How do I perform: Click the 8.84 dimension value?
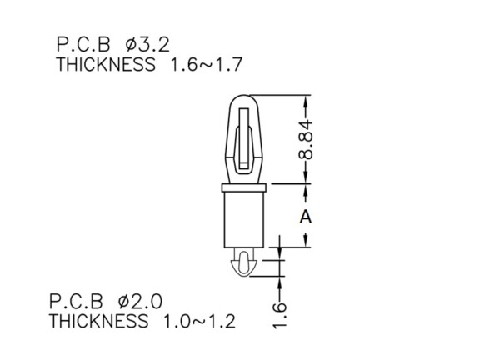pos(306,140)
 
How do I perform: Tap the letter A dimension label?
pos(306,217)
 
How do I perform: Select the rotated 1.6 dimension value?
pos(280,315)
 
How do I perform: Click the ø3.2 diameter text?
pos(147,44)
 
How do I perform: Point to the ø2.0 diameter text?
pos(140,302)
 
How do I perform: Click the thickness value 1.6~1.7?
pos(207,65)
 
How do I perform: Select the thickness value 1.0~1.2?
pos(199,322)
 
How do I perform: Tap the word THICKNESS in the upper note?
pos(106,65)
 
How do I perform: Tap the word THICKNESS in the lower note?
pos(99,322)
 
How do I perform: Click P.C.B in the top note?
pos(83,44)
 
